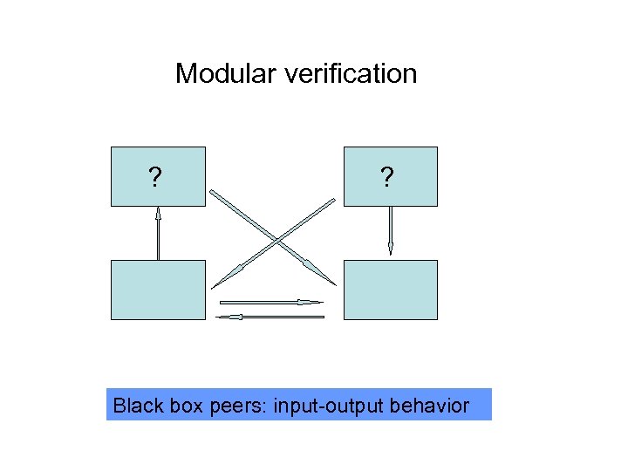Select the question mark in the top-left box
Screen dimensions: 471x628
(x=154, y=179)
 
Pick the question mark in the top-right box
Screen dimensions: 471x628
(x=386, y=179)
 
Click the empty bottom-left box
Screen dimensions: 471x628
(x=158, y=290)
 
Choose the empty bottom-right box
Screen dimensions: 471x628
(x=390, y=290)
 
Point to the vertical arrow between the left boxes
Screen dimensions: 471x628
(x=158, y=234)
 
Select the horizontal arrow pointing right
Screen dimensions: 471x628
(x=270, y=302)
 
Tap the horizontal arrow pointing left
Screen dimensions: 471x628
(x=270, y=317)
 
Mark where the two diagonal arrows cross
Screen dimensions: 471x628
(x=276, y=239)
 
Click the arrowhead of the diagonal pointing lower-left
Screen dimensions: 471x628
(x=218, y=283)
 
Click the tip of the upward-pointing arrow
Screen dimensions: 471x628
(x=158, y=208)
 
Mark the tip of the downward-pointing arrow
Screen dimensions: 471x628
(x=390, y=254)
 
